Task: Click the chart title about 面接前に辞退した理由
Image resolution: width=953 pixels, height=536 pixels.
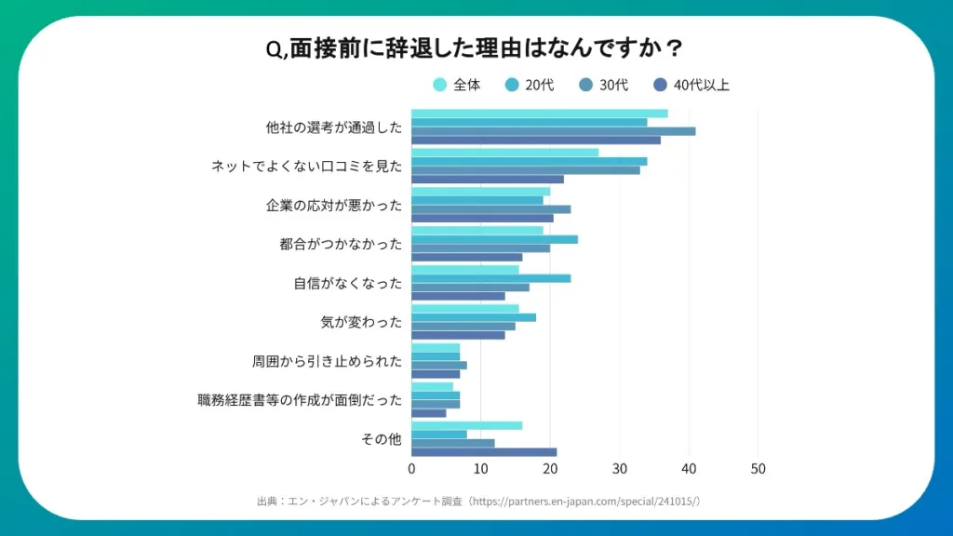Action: click(476, 48)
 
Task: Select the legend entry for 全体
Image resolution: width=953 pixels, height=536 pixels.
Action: click(457, 85)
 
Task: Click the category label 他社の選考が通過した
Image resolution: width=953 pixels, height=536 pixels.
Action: click(333, 127)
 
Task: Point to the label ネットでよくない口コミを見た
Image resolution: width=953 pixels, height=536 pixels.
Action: click(306, 167)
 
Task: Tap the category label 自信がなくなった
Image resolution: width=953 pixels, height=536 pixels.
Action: click(347, 283)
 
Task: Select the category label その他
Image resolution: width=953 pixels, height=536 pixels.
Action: click(381, 438)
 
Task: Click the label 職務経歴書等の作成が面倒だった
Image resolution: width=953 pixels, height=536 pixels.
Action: click(300, 400)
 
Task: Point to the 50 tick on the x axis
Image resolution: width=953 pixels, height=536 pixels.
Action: click(758, 469)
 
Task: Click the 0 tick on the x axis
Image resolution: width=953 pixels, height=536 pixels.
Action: click(411, 469)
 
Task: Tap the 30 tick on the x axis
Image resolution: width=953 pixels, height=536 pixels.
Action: click(619, 469)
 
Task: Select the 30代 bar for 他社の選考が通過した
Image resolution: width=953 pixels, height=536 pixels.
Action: click(553, 131)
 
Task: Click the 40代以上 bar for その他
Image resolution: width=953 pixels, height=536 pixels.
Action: click(484, 452)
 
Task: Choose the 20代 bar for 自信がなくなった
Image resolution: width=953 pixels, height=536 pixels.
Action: click(490, 278)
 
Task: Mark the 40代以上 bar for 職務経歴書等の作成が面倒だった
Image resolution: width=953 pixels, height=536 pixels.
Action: click(429, 413)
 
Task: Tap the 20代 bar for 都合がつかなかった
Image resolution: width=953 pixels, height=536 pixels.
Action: click(494, 239)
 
